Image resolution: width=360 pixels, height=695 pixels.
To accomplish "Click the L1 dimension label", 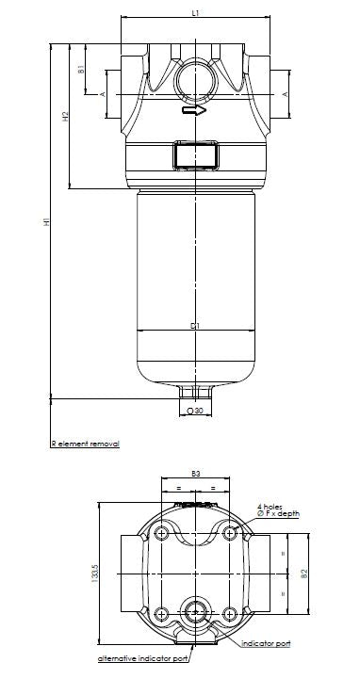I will (194, 13).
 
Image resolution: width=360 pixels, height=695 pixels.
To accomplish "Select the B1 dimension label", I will (82, 68).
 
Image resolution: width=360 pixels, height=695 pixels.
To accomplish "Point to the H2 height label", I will (65, 119).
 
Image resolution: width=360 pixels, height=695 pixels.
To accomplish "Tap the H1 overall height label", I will (45, 222).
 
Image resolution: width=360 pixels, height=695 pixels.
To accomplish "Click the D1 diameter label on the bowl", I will (194, 326).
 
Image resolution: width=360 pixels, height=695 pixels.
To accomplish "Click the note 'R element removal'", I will (85, 442).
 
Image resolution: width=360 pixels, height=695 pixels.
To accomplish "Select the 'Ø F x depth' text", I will (279, 513).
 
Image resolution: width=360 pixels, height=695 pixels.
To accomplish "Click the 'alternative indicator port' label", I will (143, 659).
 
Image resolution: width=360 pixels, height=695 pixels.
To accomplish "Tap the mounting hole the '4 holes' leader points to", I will (230, 534).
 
